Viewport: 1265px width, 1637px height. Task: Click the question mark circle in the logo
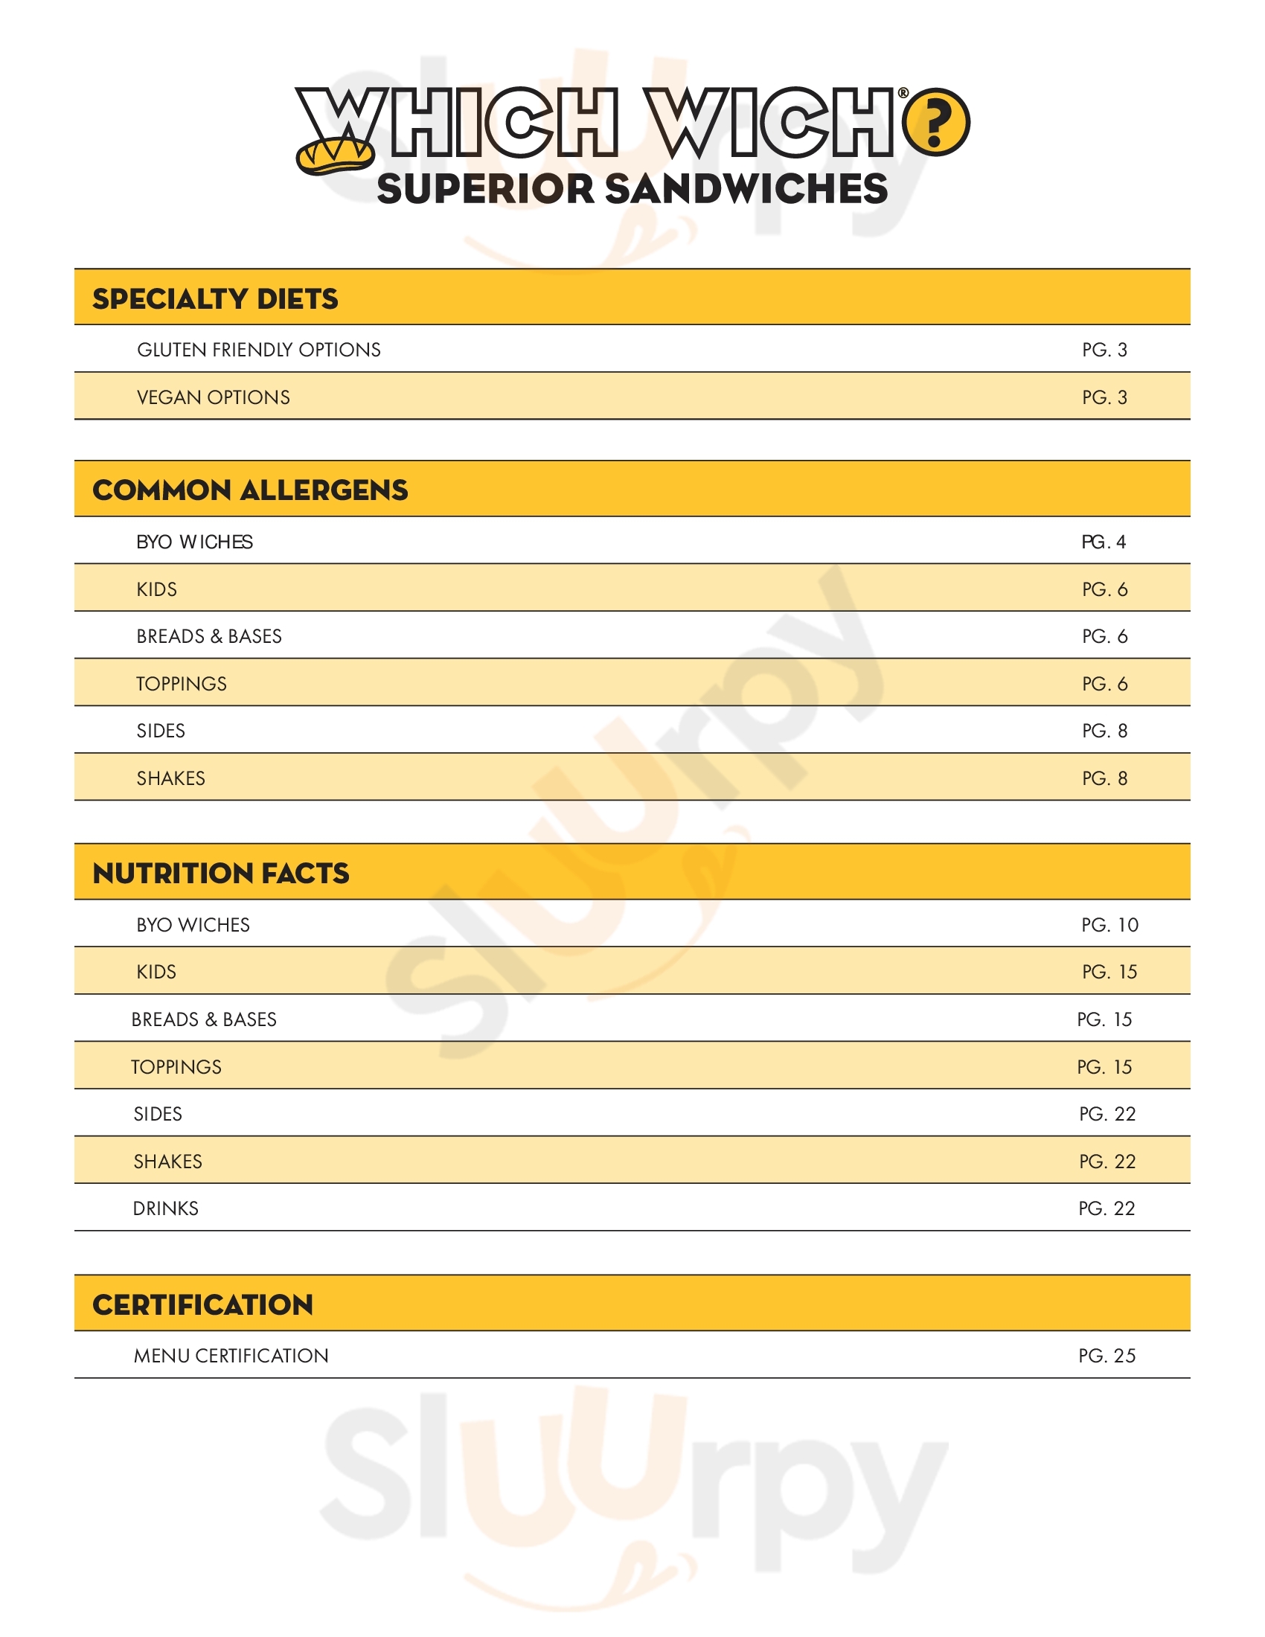[x=935, y=122]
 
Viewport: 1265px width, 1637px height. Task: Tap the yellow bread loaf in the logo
[x=334, y=156]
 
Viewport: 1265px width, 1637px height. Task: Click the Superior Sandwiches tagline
[x=632, y=189]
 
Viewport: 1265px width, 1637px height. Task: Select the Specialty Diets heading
[x=215, y=298]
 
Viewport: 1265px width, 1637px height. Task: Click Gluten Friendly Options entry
[x=258, y=350]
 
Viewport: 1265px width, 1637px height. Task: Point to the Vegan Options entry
[x=213, y=397]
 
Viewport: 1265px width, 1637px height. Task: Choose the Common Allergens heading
[x=249, y=490]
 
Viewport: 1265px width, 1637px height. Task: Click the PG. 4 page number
[x=1103, y=542]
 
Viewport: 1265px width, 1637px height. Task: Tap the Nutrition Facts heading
[x=220, y=874]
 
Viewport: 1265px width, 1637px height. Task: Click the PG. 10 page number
[x=1109, y=925]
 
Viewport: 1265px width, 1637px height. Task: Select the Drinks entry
[x=166, y=1208]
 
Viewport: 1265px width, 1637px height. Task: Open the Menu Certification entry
[x=231, y=1355]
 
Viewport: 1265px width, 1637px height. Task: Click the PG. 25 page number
[x=1107, y=1355]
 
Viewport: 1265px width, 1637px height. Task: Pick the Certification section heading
[x=202, y=1305]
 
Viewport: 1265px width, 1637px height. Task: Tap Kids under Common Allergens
[x=156, y=589]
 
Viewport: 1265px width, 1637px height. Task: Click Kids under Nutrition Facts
[x=156, y=973]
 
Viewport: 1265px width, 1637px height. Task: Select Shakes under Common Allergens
[x=171, y=778]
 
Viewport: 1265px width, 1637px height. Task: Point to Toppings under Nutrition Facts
[x=176, y=1066]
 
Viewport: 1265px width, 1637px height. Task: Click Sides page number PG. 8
[x=1104, y=731]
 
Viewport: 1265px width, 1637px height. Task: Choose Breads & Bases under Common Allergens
[x=209, y=636]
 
